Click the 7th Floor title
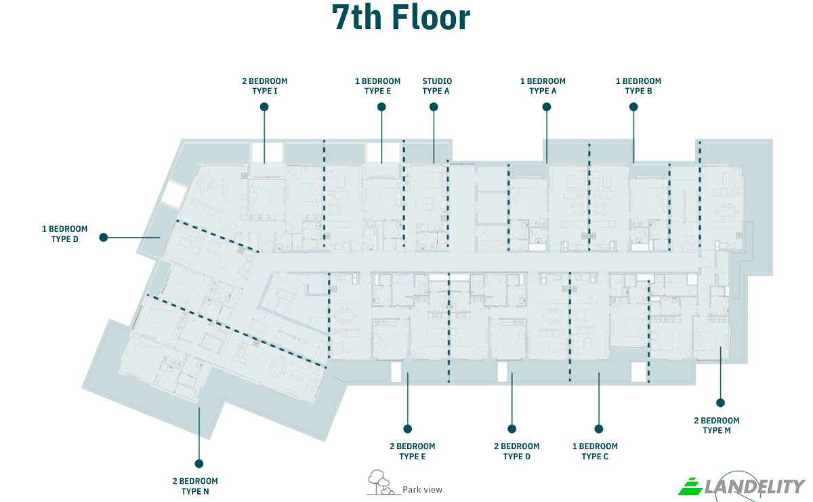pyautogui.click(x=400, y=18)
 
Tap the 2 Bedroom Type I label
pyautogui.click(x=265, y=86)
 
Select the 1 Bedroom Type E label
pyautogui.click(x=377, y=86)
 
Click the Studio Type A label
pyautogui.click(x=436, y=86)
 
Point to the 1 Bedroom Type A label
pyautogui.click(x=543, y=86)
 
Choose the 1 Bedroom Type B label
pyautogui.click(x=638, y=86)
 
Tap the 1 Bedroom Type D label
pyautogui.click(x=64, y=234)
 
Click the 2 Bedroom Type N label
pyautogui.click(x=195, y=486)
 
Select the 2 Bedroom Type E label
pyautogui.click(x=413, y=451)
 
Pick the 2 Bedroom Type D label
pyautogui.click(x=516, y=451)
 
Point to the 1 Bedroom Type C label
pyautogui.click(x=595, y=451)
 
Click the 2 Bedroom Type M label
pyautogui.click(x=717, y=425)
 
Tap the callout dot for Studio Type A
pyautogui.click(x=434, y=107)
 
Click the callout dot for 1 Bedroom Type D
pyautogui.click(x=104, y=237)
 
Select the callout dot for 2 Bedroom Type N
pyautogui.click(x=199, y=463)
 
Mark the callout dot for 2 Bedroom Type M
pyautogui.click(x=720, y=402)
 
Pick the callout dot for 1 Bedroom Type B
pyautogui.click(x=633, y=107)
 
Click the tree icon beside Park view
pyautogui.click(x=380, y=482)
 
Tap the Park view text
pyautogui.click(x=423, y=490)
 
